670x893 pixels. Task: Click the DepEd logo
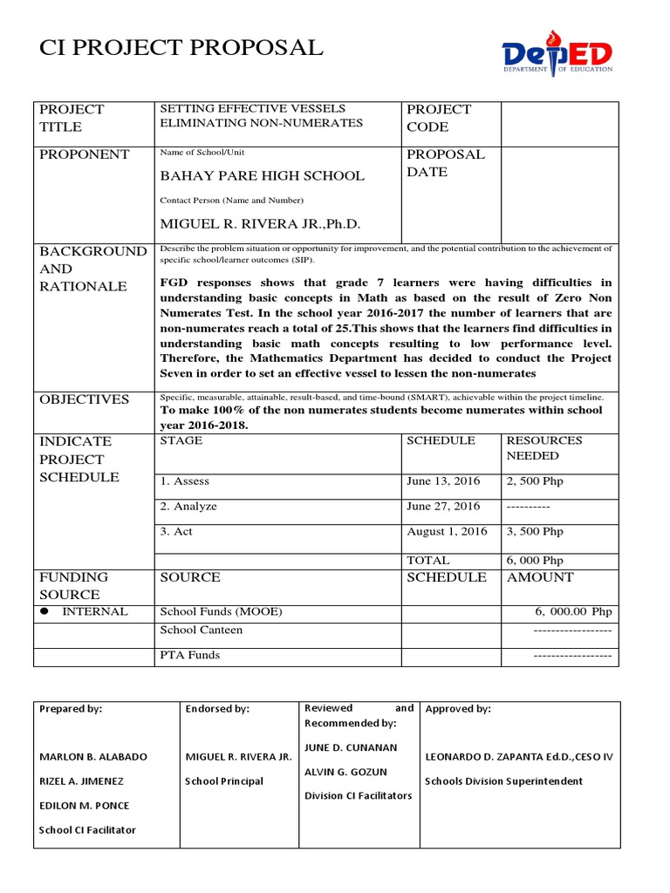tap(557, 53)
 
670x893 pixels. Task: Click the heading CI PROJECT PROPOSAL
tap(181, 48)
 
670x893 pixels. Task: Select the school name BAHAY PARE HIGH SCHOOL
tap(262, 175)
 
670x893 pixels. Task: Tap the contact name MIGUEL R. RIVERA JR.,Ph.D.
tap(260, 223)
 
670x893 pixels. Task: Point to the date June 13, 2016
tap(443, 481)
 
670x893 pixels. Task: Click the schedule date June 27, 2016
tap(443, 506)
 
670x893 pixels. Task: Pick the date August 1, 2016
tap(447, 531)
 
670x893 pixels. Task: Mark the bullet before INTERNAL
tap(45, 612)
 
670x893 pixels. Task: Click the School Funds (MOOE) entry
tap(222, 611)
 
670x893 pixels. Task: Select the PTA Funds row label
tap(190, 654)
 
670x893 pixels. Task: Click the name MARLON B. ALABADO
tap(93, 756)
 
